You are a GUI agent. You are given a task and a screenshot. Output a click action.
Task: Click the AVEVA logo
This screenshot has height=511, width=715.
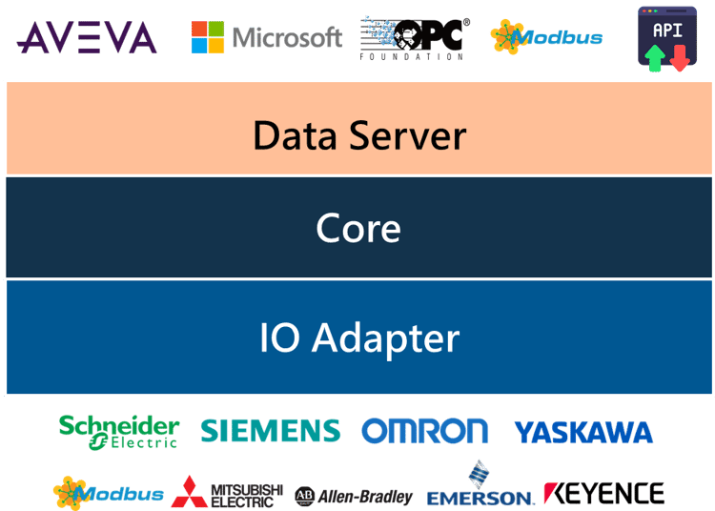coord(87,37)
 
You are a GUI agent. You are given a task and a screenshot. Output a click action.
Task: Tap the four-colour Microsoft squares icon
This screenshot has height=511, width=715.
coord(208,37)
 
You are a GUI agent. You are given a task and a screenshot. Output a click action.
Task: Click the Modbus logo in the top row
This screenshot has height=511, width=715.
coord(546,37)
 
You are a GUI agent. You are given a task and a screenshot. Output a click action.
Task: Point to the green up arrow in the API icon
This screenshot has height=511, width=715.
coord(655,57)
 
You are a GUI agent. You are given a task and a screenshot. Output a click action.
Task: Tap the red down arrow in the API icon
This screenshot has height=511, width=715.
coord(680,57)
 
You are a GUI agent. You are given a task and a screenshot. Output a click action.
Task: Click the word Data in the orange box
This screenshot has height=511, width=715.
coord(295,135)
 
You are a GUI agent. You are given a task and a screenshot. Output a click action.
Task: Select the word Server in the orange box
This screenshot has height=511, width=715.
coord(408,135)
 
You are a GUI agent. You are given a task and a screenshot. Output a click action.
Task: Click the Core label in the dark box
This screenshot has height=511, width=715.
coord(358,228)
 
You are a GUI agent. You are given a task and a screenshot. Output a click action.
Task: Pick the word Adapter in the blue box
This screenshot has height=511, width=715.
coord(386,338)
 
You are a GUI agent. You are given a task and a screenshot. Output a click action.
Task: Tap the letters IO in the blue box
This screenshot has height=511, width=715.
coord(279,337)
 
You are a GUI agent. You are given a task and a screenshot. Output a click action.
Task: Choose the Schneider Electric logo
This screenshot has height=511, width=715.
coord(119,432)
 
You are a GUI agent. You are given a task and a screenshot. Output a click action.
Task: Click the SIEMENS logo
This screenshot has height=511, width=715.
coord(271,431)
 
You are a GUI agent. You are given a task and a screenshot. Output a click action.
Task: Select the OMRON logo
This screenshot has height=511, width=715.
coord(424,431)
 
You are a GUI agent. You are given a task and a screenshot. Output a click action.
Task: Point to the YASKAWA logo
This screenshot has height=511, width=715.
coord(583,432)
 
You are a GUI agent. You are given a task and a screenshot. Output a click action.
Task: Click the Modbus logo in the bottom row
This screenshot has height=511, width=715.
coord(109,493)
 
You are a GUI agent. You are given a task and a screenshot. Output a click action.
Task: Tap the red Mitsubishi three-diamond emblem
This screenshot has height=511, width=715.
coord(190,492)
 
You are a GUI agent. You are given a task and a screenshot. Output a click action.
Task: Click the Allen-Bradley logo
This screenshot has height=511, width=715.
coord(354,497)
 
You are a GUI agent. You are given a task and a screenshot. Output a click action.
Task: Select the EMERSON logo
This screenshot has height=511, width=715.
coord(480,484)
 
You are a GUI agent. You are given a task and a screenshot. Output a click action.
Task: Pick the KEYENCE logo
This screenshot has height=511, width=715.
coord(603,494)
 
